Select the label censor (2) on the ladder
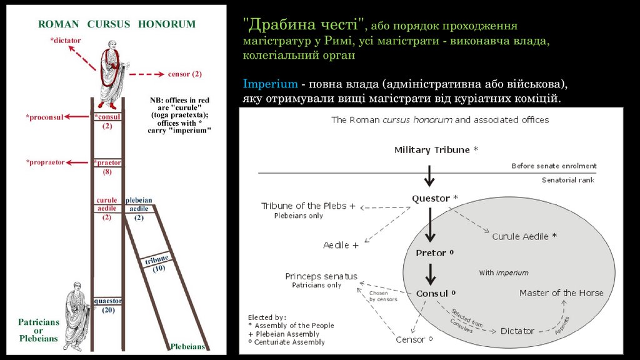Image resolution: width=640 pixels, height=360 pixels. (x=184, y=74)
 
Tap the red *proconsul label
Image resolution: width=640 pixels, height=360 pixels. (x=44, y=117)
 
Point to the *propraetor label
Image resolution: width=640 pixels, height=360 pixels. (x=46, y=162)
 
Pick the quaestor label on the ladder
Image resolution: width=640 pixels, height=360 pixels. (x=107, y=301)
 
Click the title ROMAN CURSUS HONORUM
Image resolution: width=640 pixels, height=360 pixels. (x=117, y=24)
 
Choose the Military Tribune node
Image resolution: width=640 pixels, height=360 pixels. (x=436, y=150)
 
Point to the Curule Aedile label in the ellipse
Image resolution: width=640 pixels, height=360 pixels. (x=524, y=236)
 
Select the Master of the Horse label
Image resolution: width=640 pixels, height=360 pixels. (x=561, y=292)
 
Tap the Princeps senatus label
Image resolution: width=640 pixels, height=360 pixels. (x=321, y=276)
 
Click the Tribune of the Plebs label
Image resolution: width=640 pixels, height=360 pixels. (x=309, y=206)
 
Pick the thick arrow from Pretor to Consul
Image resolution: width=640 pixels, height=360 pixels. (x=429, y=273)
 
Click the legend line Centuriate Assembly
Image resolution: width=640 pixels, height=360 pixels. (x=286, y=342)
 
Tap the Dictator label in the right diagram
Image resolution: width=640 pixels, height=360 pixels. (x=517, y=331)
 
